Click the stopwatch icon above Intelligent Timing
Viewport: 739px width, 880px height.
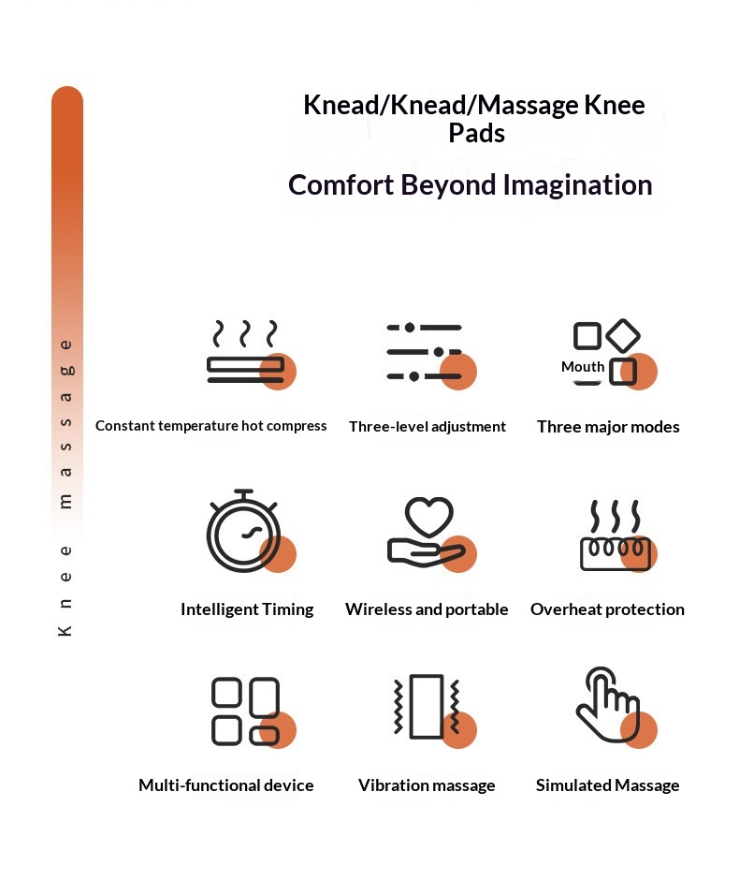[243, 531]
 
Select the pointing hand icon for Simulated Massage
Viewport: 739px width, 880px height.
[608, 704]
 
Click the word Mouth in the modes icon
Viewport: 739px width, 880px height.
[583, 366]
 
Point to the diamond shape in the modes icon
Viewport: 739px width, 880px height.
[623, 335]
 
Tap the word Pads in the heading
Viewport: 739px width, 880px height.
[476, 134]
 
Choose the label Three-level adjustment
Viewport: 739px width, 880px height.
[427, 427]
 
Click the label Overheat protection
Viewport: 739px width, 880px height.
[607, 609]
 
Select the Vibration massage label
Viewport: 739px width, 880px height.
[427, 785]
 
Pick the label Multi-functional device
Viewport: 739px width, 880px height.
[226, 785]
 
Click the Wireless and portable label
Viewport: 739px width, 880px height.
[427, 609]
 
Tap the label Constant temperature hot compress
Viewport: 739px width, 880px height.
[210, 426]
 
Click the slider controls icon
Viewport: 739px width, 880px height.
[425, 352]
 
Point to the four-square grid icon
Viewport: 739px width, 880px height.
[246, 711]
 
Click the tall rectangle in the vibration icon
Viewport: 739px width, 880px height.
[427, 706]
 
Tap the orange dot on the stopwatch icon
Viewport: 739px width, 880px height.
[278, 554]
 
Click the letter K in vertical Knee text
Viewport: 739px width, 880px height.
[65, 630]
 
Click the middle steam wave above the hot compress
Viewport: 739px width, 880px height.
[244, 333]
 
